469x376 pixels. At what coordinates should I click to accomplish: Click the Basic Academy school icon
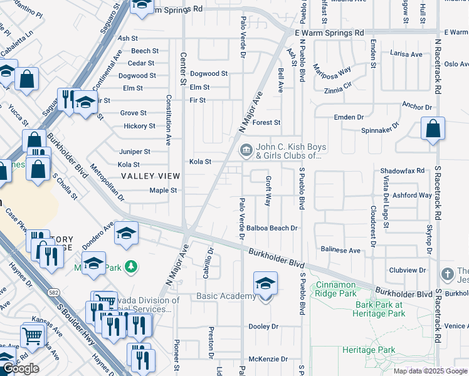click(x=265, y=284)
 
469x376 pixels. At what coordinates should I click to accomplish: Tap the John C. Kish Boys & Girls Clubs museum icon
click(x=245, y=150)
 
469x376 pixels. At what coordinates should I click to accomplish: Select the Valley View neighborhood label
click(x=149, y=177)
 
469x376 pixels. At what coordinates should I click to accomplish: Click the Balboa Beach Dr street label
click(x=271, y=229)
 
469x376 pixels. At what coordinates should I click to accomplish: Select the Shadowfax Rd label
click(x=402, y=170)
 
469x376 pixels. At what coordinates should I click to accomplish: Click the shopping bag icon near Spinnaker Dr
click(x=433, y=129)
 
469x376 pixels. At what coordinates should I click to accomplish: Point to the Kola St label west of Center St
click(x=128, y=165)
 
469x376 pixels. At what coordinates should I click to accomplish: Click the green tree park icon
click(x=130, y=268)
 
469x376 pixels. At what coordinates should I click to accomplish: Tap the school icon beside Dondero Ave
click(x=126, y=234)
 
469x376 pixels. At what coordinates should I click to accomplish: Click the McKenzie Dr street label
click(x=268, y=359)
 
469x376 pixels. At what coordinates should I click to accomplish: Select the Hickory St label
click(x=139, y=126)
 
